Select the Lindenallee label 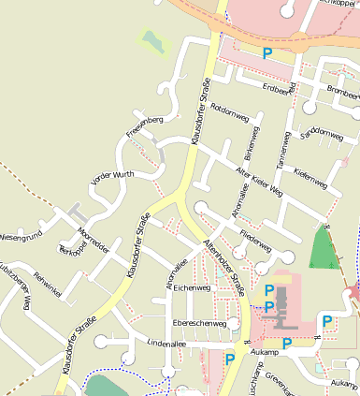141,345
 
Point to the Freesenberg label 145,125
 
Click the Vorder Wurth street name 112,176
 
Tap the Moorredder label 93,230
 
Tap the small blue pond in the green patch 152,39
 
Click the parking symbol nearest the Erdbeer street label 268,54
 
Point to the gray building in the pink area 281,317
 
